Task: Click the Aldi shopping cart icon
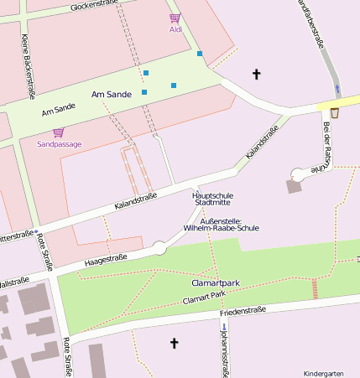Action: point(175,18)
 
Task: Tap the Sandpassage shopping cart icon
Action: point(58,132)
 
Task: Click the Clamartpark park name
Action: point(210,283)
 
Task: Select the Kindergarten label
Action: point(323,373)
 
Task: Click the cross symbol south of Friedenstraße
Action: point(175,343)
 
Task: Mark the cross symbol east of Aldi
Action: point(257,75)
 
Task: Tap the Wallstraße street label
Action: point(14,281)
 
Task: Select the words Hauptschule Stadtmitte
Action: point(213,199)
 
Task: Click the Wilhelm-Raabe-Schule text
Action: point(221,227)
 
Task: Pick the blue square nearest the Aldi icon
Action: point(200,54)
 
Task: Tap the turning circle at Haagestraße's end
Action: point(159,247)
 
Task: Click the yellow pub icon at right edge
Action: point(335,111)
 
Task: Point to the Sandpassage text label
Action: point(60,144)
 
